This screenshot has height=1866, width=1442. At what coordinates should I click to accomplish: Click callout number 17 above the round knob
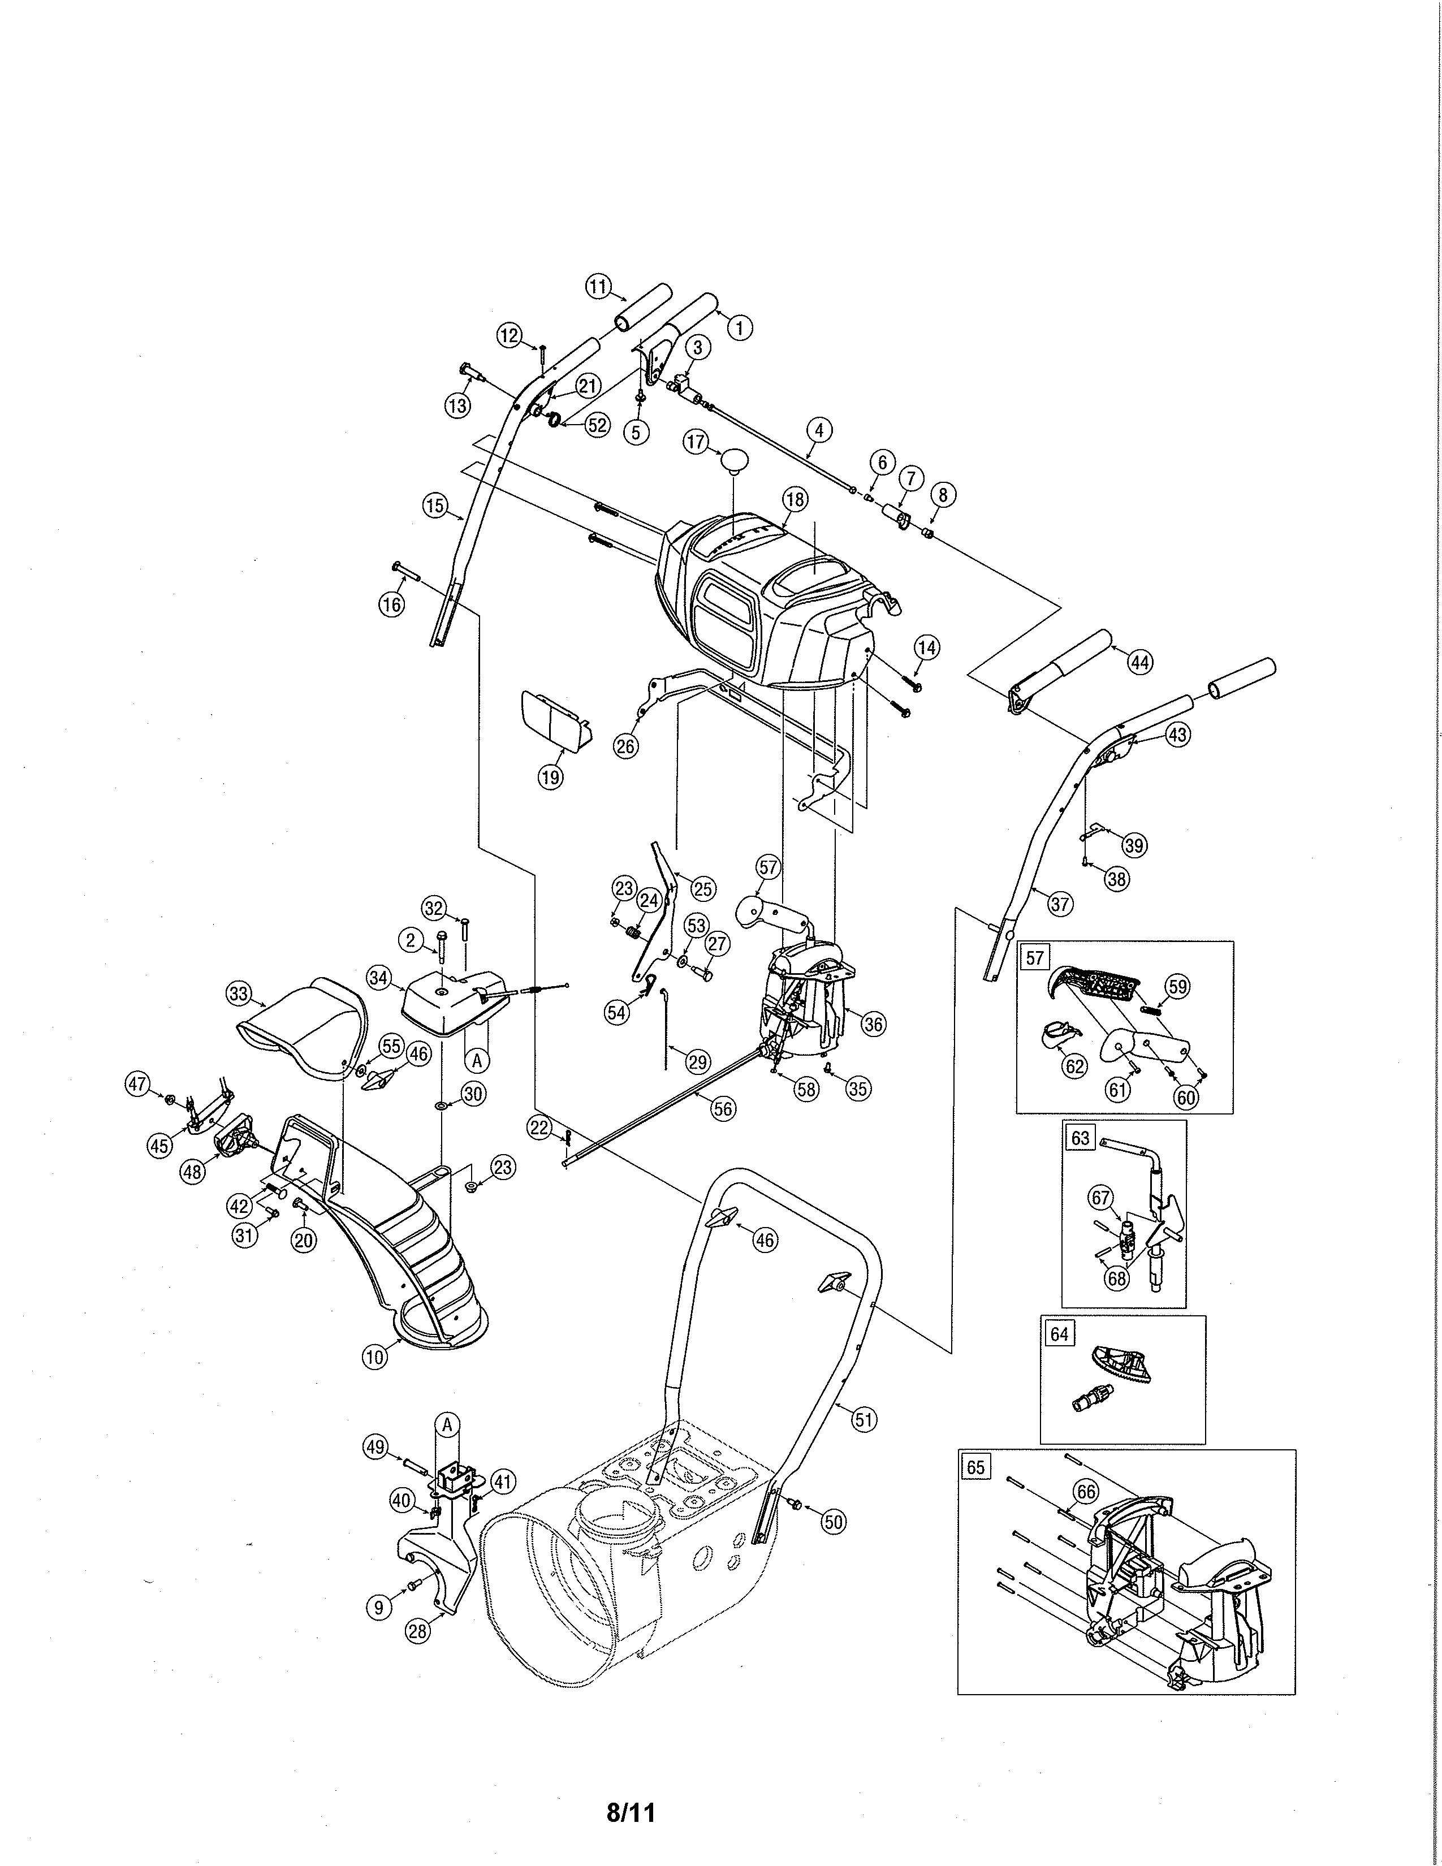(696, 442)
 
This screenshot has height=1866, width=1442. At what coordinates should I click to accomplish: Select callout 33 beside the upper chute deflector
(238, 994)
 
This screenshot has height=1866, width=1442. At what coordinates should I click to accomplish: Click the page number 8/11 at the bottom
(631, 1812)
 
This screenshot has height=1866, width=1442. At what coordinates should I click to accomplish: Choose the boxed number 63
(1080, 1138)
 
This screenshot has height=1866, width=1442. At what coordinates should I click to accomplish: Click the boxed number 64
(1059, 1334)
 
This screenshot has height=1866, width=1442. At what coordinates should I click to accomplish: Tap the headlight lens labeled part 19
(554, 719)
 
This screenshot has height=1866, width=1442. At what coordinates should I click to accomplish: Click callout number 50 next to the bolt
(834, 1522)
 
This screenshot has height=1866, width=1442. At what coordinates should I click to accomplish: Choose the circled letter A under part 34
(477, 1060)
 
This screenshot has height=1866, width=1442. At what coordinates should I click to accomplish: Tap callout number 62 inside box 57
(1074, 1065)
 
